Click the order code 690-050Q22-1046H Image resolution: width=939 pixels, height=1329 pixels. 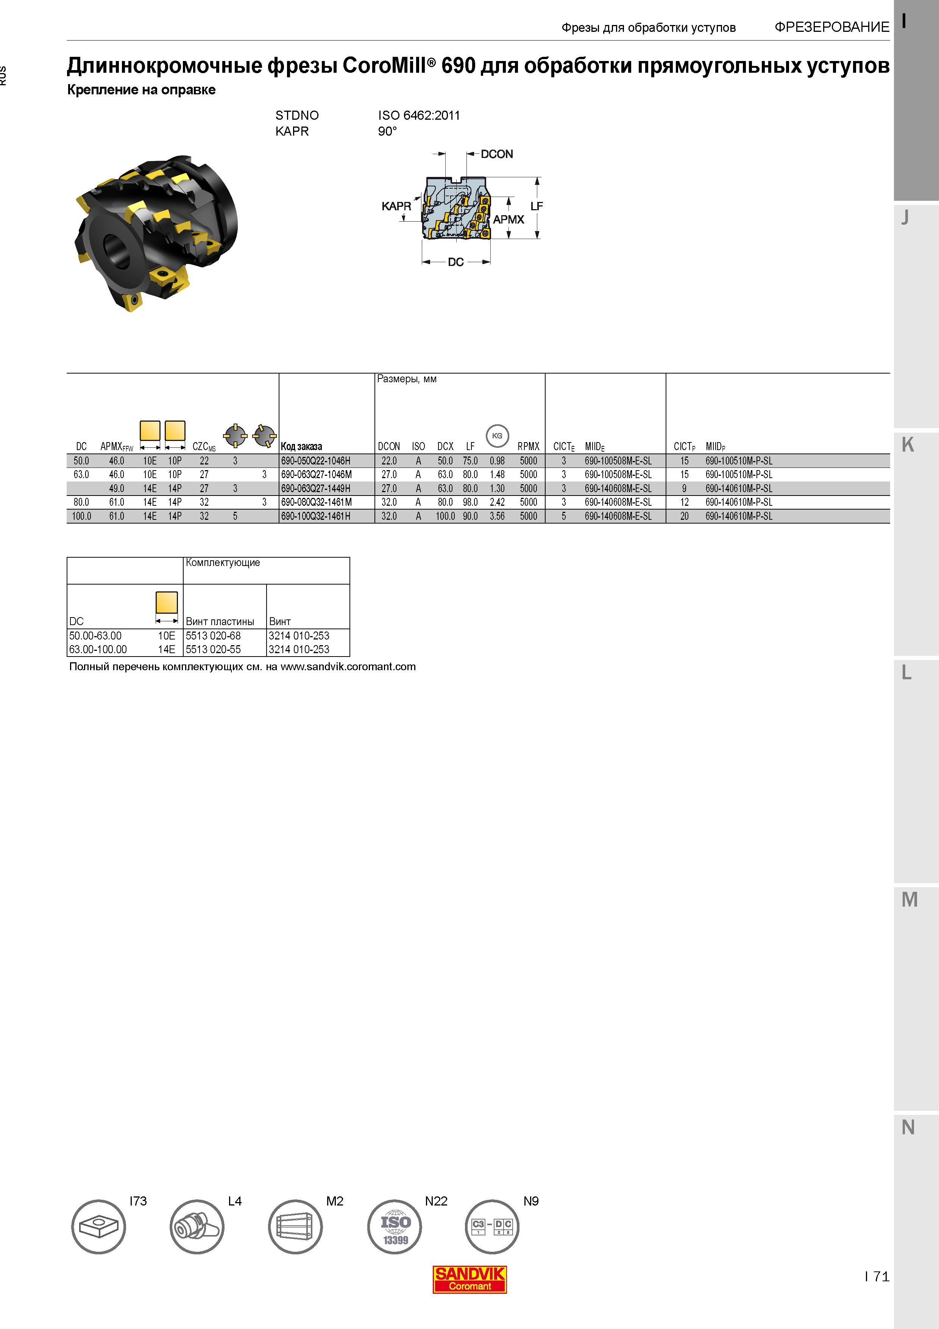(x=316, y=461)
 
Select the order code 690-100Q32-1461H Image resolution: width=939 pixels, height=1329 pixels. (x=316, y=516)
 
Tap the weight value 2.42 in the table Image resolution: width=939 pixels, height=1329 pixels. (x=497, y=502)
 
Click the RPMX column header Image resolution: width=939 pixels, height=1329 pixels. (x=528, y=446)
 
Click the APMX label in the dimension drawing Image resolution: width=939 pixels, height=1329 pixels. (x=508, y=219)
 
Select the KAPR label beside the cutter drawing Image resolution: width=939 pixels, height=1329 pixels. (x=396, y=206)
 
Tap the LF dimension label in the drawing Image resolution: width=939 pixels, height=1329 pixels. (x=537, y=206)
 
